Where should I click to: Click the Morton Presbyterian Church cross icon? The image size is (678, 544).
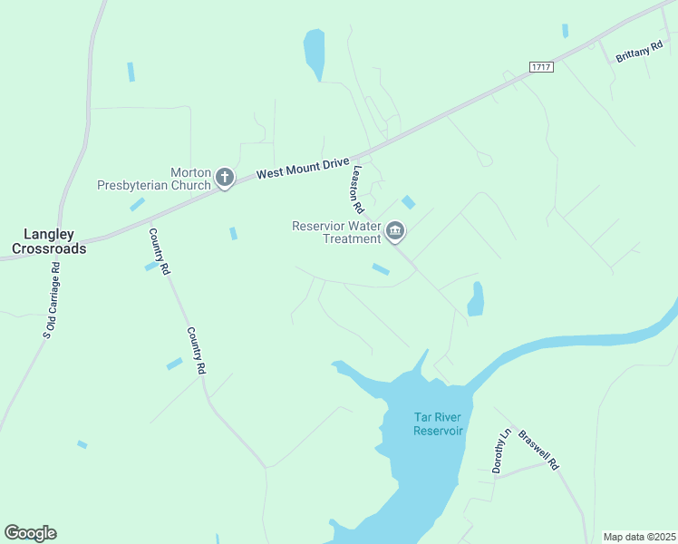coord(225,179)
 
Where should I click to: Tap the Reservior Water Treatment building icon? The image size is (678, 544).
coord(395,232)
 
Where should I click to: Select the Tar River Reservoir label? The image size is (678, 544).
coord(439,423)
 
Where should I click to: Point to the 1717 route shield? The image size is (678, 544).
coord(541,67)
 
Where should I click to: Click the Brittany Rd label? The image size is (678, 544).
coord(639,53)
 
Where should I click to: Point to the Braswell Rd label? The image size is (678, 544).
coord(539,448)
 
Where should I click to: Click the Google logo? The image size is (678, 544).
coord(30,532)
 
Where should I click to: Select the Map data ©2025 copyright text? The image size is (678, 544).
coord(639,537)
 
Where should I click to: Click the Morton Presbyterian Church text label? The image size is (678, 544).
coord(154,179)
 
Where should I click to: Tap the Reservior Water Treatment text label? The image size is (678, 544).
coord(336,232)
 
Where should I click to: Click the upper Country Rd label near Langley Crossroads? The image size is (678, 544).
coord(159,251)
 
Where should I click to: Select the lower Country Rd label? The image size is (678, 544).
coord(197,351)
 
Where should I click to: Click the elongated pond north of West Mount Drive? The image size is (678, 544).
coord(314,54)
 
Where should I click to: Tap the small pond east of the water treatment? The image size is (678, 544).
coord(475,299)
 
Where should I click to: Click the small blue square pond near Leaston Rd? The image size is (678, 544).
coord(409,202)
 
